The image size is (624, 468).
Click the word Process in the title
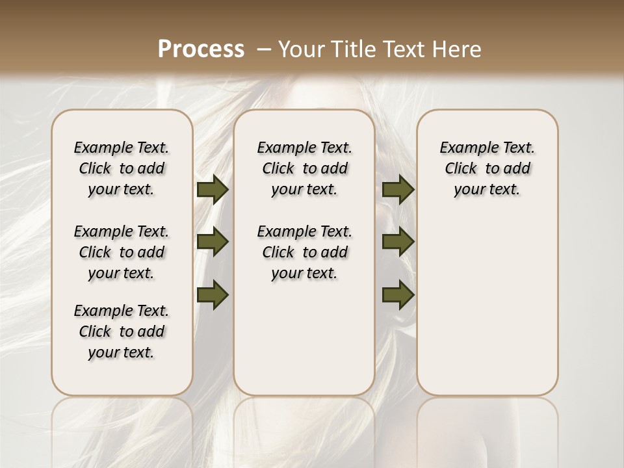(x=201, y=49)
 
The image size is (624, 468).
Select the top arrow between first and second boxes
(x=213, y=189)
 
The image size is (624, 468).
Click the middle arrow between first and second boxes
(x=213, y=242)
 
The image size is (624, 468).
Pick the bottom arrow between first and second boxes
(x=213, y=294)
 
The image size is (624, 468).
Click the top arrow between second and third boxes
(x=398, y=189)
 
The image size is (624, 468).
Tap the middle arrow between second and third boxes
(x=398, y=242)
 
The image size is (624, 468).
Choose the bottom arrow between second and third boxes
(x=398, y=294)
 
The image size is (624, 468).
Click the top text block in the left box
(x=122, y=168)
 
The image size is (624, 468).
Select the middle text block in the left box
(x=122, y=252)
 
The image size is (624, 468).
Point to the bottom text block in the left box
(x=122, y=331)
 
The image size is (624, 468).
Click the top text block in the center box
(x=304, y=168)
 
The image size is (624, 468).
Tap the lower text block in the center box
(x=304, y=252)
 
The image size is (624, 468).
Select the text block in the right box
(x=487, y=168)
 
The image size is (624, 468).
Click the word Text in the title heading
(x=401, y=49)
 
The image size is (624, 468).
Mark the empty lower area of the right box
(x=487, y=305)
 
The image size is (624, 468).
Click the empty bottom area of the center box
(x=304, y=344)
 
